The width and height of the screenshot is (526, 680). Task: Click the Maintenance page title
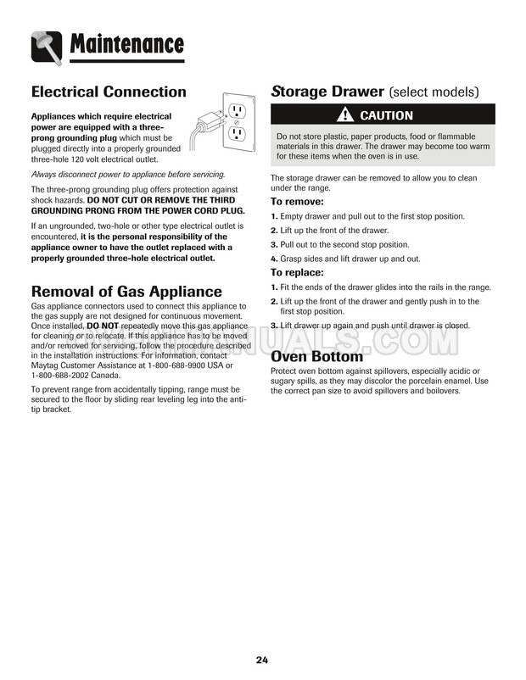click(x=127, y=43)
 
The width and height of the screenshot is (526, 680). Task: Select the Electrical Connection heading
click(x=109, y=92)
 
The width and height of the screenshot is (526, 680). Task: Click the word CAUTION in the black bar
click(x=386, y=115)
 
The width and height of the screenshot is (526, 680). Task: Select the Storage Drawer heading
click(x=327, y=92)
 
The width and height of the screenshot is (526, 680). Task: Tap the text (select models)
click(x=434, y=92)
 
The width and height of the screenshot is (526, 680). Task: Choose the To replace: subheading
click(x=297, y=273)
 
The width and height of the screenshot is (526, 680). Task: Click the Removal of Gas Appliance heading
click(x=126, y=292)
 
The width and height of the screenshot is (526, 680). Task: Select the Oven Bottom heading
click(x=316, y=356)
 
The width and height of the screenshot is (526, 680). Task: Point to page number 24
click(x=262, y=660)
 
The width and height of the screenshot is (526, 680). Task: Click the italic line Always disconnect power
click(x=128, y=174)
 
